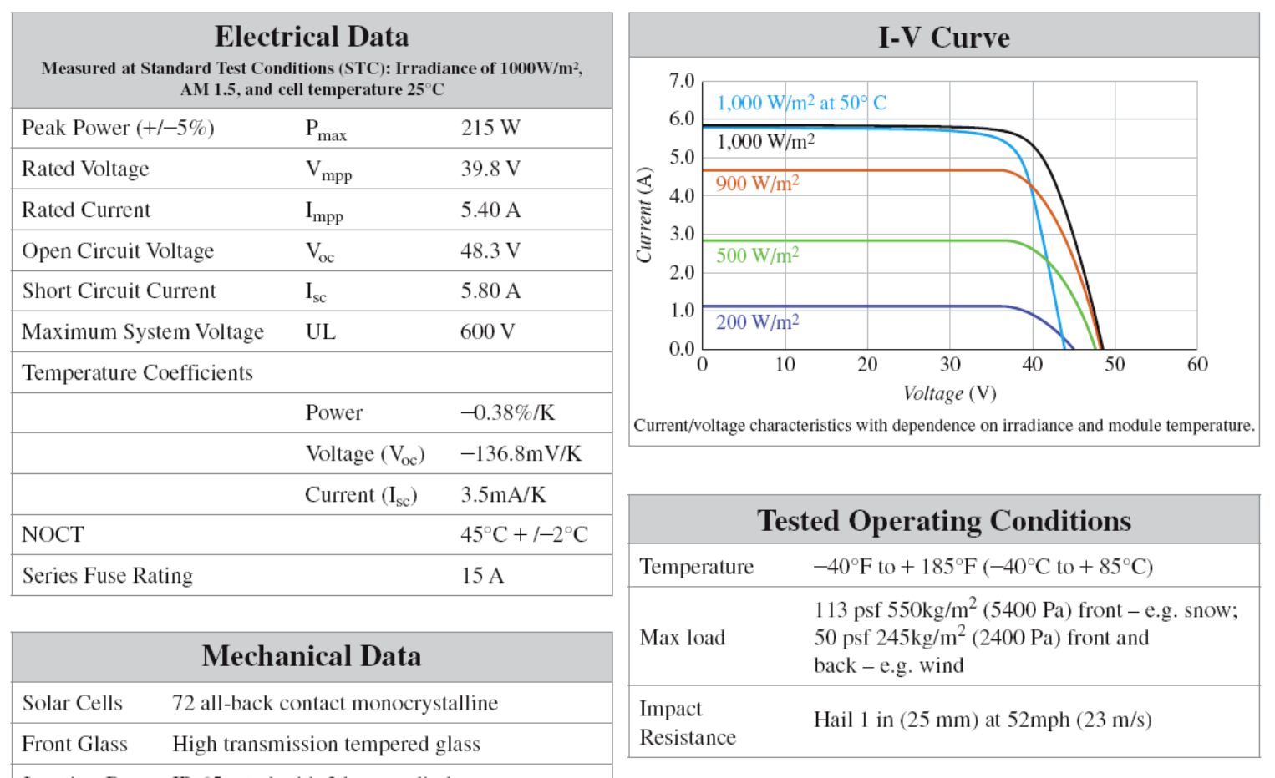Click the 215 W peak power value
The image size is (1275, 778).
490,128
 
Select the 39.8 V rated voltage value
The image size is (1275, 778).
490,169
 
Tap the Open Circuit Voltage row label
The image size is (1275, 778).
118,250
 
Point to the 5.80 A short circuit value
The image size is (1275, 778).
490,290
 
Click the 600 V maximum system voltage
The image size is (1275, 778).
487,331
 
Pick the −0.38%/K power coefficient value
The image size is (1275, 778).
507,412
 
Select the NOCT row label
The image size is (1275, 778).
53,534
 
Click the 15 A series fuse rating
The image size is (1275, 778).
482,575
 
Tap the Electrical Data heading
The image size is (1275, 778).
312,37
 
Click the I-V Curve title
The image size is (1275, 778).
943,38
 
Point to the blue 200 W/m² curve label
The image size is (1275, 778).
757,322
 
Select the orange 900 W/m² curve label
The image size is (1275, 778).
757,184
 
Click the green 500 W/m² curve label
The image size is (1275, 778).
757,255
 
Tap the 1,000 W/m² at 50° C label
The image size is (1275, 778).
801,103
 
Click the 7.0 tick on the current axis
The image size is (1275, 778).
681,81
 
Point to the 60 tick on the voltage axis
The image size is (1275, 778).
1197,364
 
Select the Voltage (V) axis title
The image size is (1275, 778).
949,393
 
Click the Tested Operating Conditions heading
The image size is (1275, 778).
944,521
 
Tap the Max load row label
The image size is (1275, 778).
682,638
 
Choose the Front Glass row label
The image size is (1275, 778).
74,744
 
